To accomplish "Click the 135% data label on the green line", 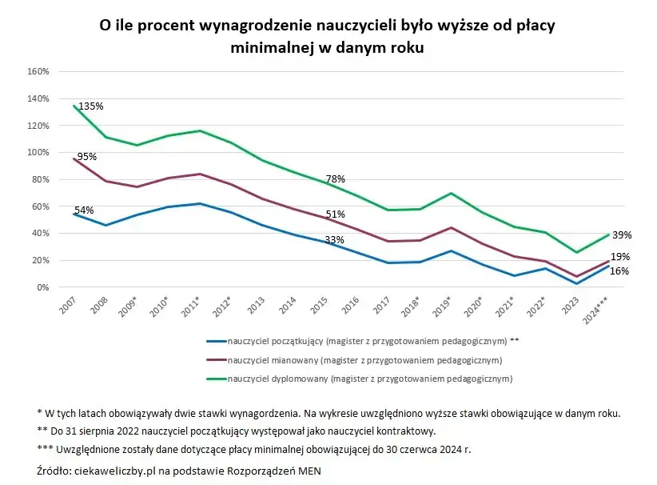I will pos(90,106).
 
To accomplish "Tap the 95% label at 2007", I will pos(86,157).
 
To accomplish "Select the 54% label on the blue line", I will pos(84,210).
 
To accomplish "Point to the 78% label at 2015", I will pos(335,179).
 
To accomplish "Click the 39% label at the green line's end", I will pos(622,235).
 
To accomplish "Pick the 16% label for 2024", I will pos(619,271).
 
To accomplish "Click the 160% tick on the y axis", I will pos(38,71).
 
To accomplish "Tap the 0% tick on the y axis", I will pos(43,287).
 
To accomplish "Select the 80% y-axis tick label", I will pos(41,179).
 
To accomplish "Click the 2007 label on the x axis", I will pos(66,307).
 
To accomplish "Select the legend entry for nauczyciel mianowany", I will pos(364,359).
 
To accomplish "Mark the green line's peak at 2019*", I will pos(452,193).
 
